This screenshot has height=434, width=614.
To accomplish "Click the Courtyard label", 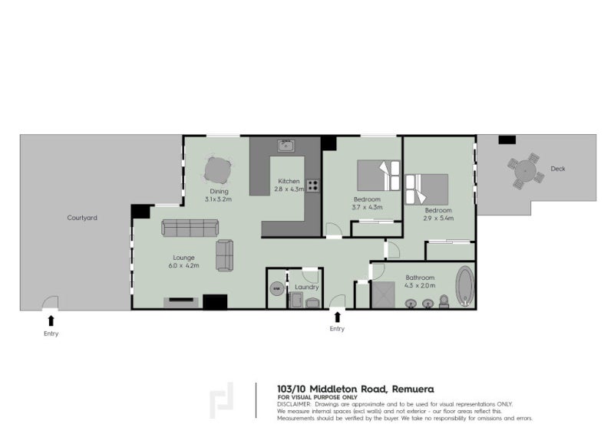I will pyautogui.click(x=83, y=218).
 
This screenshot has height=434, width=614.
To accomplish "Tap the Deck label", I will pyautogui.click(x=558, y=169).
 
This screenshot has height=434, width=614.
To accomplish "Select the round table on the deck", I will pyautogui.click(x=525, y=173).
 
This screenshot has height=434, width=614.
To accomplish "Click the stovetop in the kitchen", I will pyautogui.click(x=313, y=185).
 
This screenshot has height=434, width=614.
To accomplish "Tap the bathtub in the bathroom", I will pyautogui.click(x=465, y=286).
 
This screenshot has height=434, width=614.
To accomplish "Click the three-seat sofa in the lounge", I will pyautogui.click(x=190, y=227).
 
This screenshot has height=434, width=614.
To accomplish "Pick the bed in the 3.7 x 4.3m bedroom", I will pyautogui.click(x=378, y=175).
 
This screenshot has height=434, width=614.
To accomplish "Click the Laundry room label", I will pyautogui.click(x=306, y=287).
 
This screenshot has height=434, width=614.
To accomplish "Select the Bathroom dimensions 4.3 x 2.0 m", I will pyautogui.click(x=421, y=285).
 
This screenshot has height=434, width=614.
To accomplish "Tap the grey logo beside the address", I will pyautogui.click(x=222, y=399).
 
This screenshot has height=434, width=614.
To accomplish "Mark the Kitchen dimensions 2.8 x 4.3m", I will pyautogui.click(x=289, y=190).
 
